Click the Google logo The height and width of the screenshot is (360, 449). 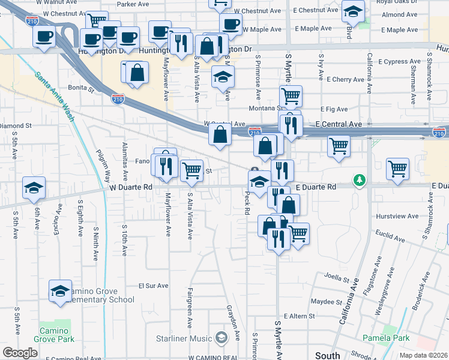tap(20, 353)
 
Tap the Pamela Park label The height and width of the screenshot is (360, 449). tap(401, 338)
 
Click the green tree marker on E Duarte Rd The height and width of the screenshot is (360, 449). tap(360, 180)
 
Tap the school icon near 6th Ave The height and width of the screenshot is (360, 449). tap(34, 188)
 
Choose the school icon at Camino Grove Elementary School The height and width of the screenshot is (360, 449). tap(60, 291)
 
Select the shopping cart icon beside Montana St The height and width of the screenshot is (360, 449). tap(291, 95)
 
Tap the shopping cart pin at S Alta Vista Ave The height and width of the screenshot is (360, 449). tap(191, 170)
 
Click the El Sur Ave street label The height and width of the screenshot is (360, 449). tap(151, 286)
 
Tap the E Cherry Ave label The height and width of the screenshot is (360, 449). tap(345, 79)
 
